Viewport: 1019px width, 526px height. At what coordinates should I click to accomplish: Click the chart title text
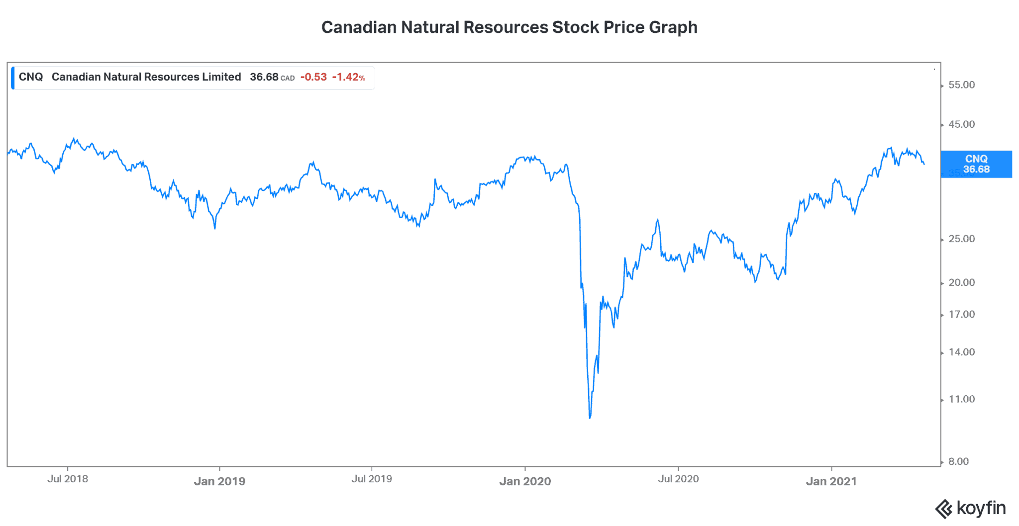coord(509,27)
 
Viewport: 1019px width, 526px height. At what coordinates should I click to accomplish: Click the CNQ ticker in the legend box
coord(30,77)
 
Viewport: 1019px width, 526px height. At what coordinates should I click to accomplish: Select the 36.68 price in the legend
coord(264,77)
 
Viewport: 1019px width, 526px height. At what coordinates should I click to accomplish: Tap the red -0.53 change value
coord(313,77)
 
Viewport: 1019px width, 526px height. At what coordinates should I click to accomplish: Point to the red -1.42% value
coord(348,77)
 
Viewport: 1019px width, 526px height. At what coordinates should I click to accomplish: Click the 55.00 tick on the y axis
coord(961,85)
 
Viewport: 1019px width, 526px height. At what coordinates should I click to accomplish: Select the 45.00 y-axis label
coord(961,124)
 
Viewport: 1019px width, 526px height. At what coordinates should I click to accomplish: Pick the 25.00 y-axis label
coord(961,239)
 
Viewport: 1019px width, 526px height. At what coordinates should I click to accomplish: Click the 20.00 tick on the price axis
coord(961,282)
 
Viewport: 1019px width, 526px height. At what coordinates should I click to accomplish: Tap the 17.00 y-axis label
coord(961,314)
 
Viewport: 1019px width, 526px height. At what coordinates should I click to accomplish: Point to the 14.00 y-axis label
coord(961,352)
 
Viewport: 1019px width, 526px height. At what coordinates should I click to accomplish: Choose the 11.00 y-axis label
coord(961,399)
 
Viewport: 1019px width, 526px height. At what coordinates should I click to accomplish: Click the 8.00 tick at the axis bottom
coord(958,461)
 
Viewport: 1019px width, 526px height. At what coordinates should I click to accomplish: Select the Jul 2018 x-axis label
coord(68,479)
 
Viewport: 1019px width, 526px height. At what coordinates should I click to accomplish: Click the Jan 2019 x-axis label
coord(219,481)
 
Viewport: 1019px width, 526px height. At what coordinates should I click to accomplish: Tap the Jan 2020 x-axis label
coord(525,481)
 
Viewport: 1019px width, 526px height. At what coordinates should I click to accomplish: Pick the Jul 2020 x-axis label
coord(678,479)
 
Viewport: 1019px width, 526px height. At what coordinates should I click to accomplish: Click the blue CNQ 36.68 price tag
coord(976,164)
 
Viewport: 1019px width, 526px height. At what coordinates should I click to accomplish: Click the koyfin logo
coord(970,509)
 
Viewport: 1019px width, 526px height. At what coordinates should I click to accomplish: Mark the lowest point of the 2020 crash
coord(590,418)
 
